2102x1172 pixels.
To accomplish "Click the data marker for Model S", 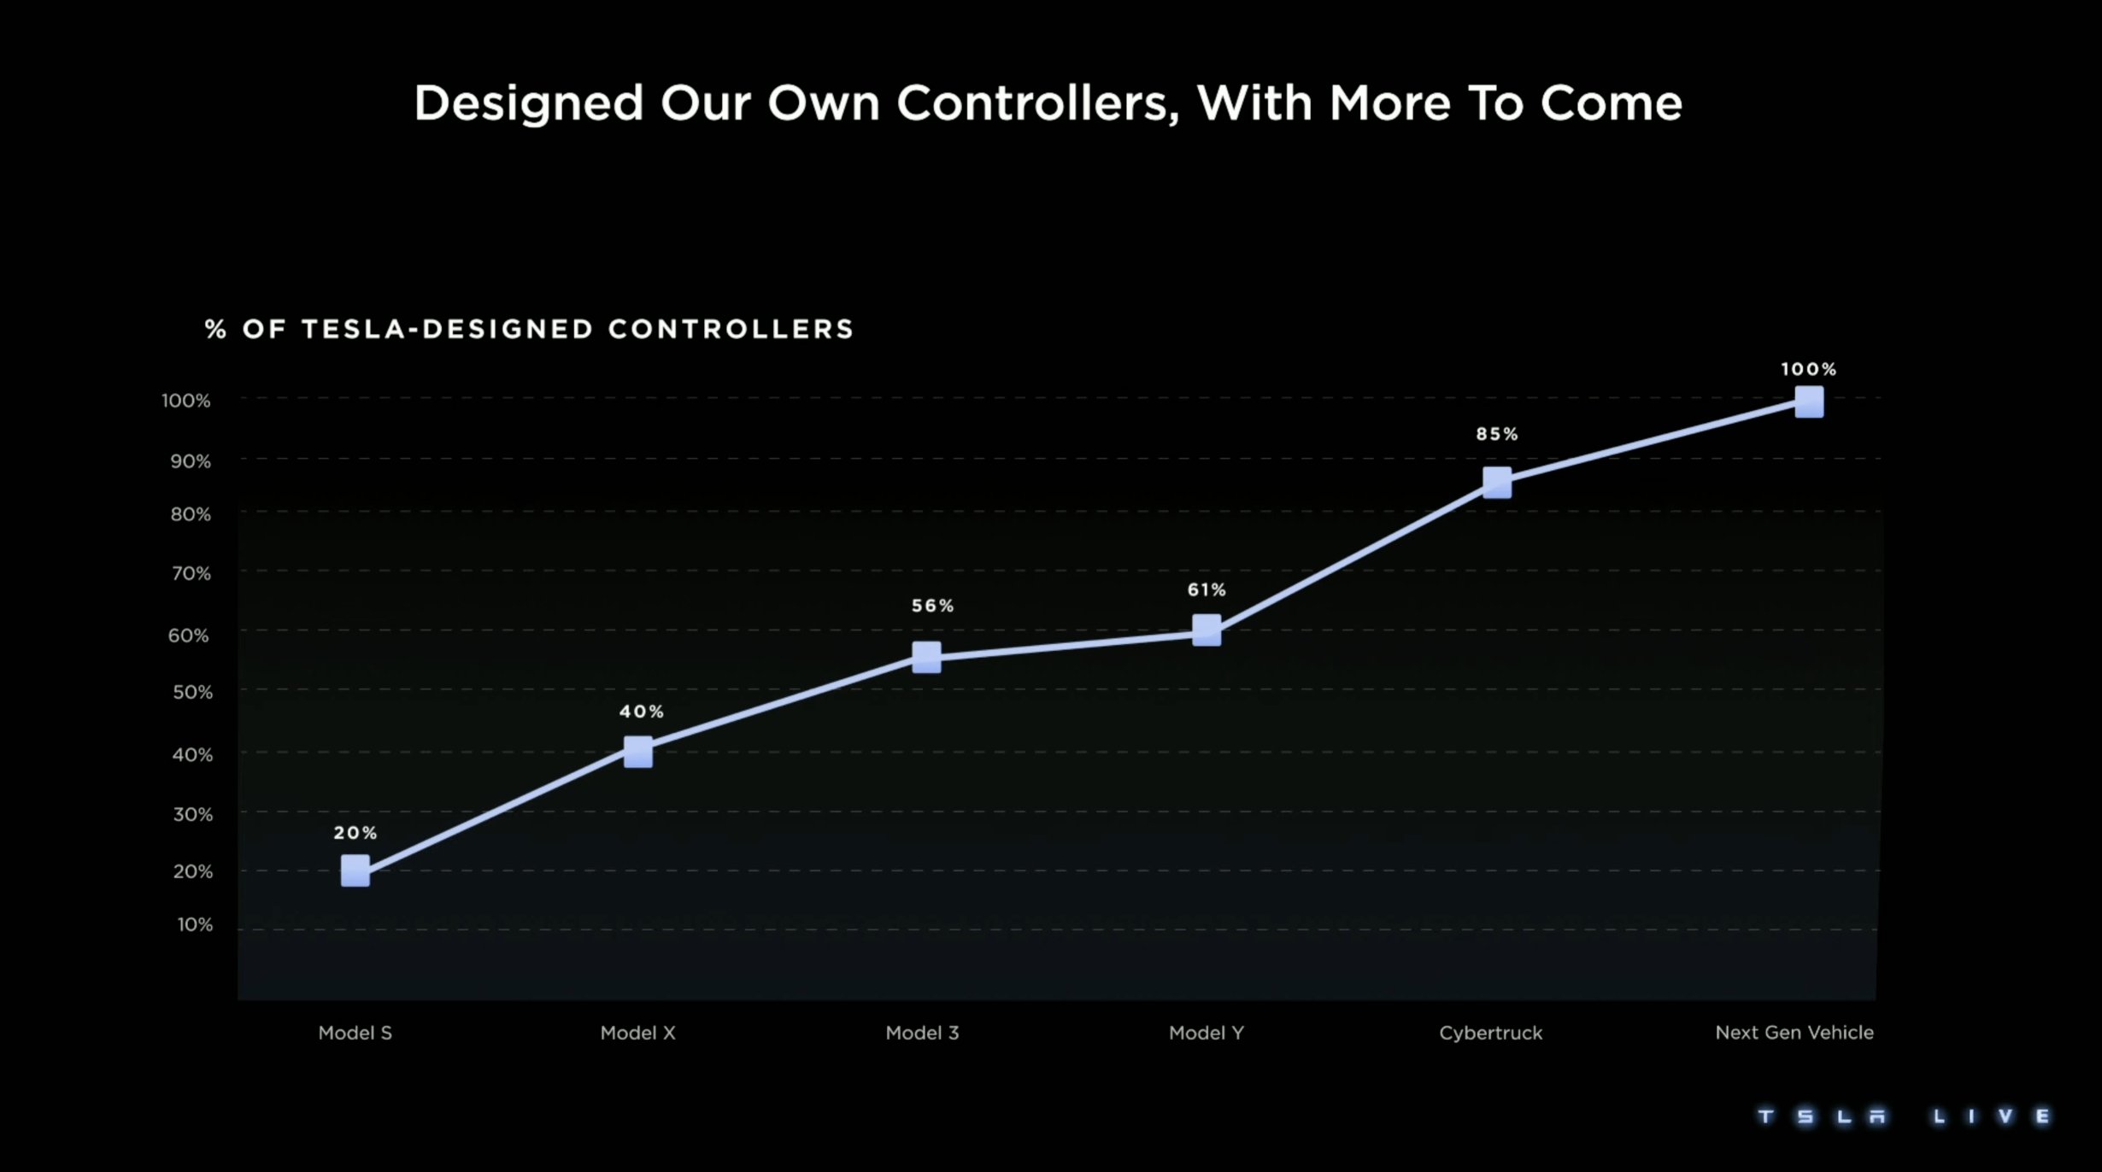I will (x=355, y=870).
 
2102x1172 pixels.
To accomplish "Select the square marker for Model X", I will (x=638, y=752).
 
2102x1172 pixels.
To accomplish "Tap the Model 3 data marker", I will (x=926, y=657).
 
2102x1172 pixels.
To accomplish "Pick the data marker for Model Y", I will (x=1207, y=630).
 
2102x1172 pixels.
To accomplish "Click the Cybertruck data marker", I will (x=1497, y=483).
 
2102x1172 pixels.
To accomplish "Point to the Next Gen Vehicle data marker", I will (x=1809, y=401).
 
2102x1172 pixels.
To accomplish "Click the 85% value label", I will (x=1497, y=434).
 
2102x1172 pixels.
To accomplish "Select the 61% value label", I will (x=1207, y=589).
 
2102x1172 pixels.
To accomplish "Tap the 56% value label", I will (x=932, y=606).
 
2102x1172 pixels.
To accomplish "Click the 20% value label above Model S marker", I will (x=355, y=833).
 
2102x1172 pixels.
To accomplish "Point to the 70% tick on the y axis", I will (x=191, y=573).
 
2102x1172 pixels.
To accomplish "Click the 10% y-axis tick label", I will (x=195, y=924).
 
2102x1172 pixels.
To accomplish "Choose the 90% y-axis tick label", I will (x=191, y=461).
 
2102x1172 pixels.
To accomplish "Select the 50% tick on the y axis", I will (x=192, y=692).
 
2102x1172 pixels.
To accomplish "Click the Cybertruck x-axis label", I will (x=1491, y=1033).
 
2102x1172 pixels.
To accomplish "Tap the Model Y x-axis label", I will (x=1207, y=1033).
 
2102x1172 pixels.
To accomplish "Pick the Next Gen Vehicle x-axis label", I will (x=1794, y=1033).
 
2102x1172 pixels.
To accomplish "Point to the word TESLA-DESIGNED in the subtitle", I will (x=448, y=329).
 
